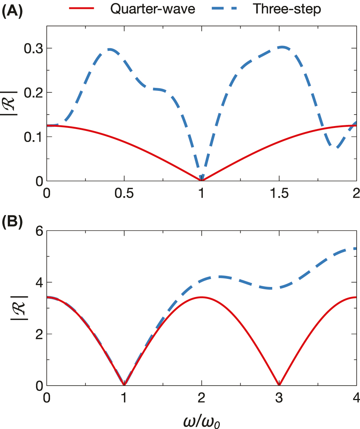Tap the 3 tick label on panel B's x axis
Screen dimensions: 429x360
point(279,399)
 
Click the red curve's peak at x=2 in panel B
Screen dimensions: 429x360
point(202,297)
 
